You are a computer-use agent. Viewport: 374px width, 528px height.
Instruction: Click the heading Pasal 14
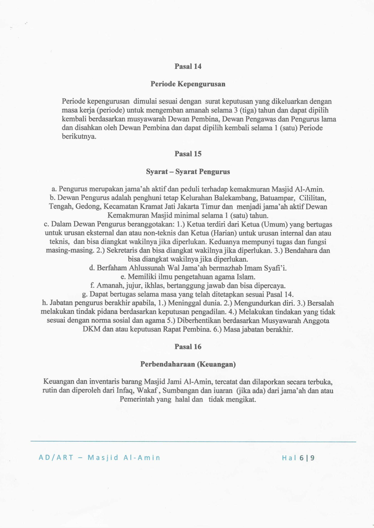pos(188,67)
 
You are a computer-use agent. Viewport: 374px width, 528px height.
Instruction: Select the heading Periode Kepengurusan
pos(188,84)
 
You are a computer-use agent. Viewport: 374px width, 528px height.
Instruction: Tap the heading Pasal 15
pos(188,154)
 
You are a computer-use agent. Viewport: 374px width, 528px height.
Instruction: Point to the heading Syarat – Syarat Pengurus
pos(188,172)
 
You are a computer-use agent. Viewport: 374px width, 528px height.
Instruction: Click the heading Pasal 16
pos(188,347)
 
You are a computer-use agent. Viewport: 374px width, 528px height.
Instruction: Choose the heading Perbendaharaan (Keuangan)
pos(188,364)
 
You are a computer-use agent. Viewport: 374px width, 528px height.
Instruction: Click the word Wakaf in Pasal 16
pos(147,391)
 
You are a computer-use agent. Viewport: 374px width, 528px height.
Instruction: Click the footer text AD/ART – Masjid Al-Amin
pos(99,458)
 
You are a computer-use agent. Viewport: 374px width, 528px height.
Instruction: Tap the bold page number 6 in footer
pos(302,458)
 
